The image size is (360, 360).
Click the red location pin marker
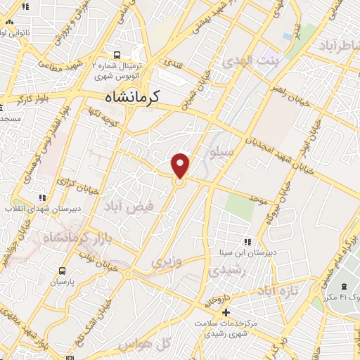tap(181, 165)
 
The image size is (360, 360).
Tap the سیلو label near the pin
tap(224, 152)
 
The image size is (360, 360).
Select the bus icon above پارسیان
tap(63, 271)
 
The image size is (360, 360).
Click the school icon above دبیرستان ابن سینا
tap(245, 240)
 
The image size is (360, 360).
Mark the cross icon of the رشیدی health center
tap(226, 312)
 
